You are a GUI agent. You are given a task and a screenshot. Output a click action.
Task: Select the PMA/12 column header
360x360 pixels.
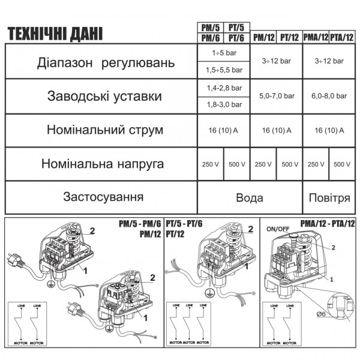point(316,37)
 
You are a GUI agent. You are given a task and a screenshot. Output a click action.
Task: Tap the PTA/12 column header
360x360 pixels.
point(342,37)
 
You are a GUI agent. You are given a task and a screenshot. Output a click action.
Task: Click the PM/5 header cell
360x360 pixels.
point(211,28)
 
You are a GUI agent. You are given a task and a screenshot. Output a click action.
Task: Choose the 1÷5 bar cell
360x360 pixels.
point(223,53)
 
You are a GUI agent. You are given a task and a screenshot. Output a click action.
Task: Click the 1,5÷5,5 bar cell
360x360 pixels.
point(223,70)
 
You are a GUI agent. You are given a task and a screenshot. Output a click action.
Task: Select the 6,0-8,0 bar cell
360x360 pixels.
point(329,95)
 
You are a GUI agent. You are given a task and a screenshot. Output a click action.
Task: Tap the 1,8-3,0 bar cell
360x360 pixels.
point(223,104)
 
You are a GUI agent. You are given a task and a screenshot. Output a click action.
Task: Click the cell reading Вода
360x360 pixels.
point(250,197)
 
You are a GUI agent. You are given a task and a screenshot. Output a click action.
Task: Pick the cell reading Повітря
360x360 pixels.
point(329,197)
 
